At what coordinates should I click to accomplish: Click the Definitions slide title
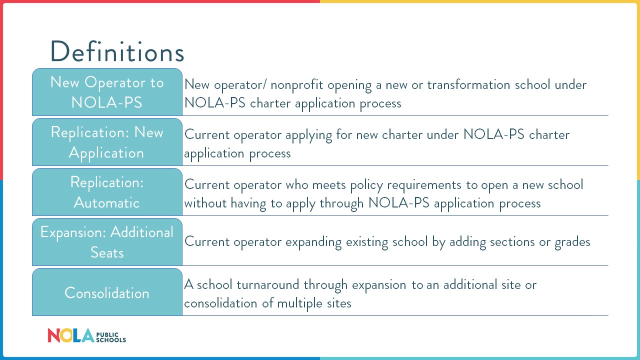pyautogui.click(x=117, y=51)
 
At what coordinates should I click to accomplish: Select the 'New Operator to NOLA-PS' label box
pyautogui.click(x=107, y=92)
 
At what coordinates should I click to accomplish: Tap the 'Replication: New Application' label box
pyautogui.click(x=107, y=142)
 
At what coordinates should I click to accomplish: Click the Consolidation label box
pyautogui.click(x=107, y=292)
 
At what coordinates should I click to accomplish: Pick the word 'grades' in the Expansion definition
pyautogui.click(x=572, y=242)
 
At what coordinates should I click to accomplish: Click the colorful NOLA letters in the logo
pyautogui.click(x=70, y=335)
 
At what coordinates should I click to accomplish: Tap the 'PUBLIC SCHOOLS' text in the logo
pyautogui.click(x=110, y=336)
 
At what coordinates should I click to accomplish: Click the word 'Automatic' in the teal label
pyautogui.click(x=107, y=203)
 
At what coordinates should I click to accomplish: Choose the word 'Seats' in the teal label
pyautogui.click(x=107, y=252)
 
